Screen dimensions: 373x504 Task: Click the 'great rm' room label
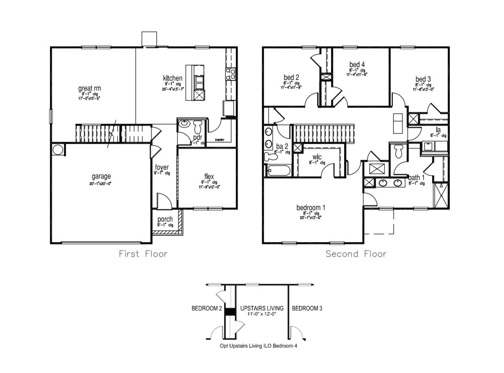[x=89, y=89]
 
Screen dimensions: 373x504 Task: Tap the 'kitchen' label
[x=172, y=78]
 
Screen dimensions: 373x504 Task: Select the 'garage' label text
[x=101, y=176]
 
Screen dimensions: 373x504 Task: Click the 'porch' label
[x=165, y=219]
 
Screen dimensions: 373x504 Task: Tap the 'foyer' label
[x=162, y=167]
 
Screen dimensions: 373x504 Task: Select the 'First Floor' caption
[x=143, y=254]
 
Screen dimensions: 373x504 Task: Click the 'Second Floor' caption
[x=356, y=254]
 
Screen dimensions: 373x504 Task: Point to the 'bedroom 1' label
[x=311, y=208]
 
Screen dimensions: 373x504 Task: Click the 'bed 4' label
[x=357, y=64]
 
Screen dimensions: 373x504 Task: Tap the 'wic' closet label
[x=317, y=157]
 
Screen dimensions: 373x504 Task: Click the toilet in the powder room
[x=198, y=126]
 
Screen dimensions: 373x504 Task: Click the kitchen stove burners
[x=231, y=74]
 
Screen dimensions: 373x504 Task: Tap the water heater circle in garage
[x=58, y=150]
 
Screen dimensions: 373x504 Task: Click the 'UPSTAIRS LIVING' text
[x=261, y=308]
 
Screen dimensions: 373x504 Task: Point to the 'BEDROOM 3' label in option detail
[x=307, y=308]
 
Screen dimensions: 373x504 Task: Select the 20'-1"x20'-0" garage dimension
[x=101, y=183]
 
